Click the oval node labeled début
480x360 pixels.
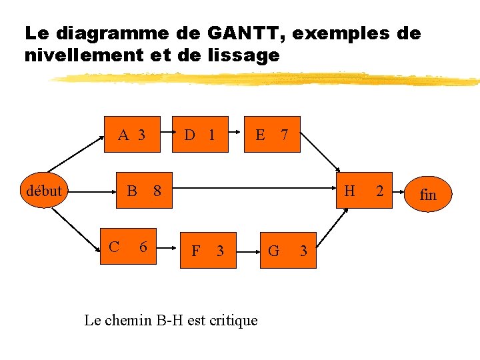tap(44, 191)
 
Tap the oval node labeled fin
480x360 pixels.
tap(428, 195)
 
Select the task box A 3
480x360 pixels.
tap(131, 135)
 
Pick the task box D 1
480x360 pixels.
tap(201, 135)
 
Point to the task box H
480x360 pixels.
tap(350, 191)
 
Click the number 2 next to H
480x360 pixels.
tap(379, 191)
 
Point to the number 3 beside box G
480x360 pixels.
tap(303, 251)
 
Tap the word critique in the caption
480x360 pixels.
tap(233, 321)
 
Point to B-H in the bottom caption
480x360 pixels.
tap(171, 321)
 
